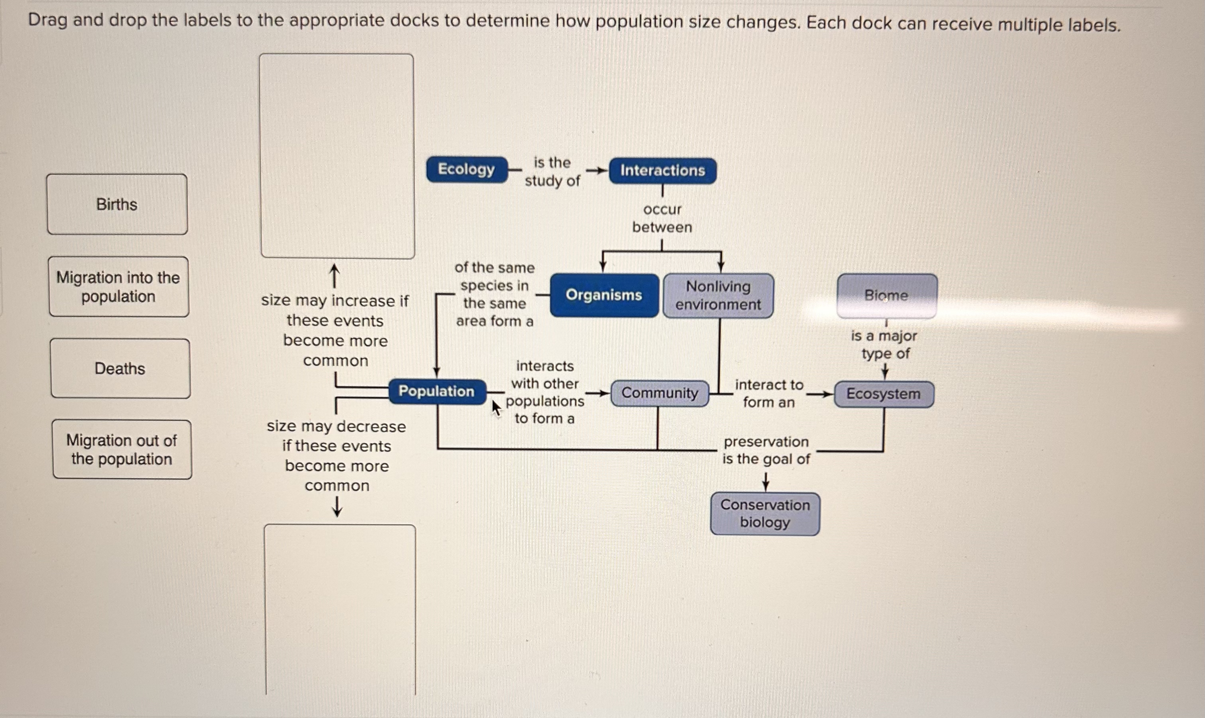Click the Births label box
tap(117, 204)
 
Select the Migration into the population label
tap(118, 287)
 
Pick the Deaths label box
tap(120, 369)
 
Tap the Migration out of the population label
tap(122, 450)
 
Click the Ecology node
tap(466, 170)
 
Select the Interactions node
tap(662, 171)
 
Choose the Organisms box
tap(604, 295)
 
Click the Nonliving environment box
tap(718, 296)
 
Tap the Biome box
tap(887, 296)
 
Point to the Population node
tap(436, 391)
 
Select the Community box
tap(660, 393)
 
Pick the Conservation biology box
tap(765, 514)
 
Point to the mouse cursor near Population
tap(495, 407)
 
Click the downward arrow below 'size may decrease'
tap(337, 507)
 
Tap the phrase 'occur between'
tap(662, 218)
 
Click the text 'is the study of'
tap(552, 172)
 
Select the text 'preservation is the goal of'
tap(766, 450)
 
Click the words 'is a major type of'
tap(885, 345)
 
